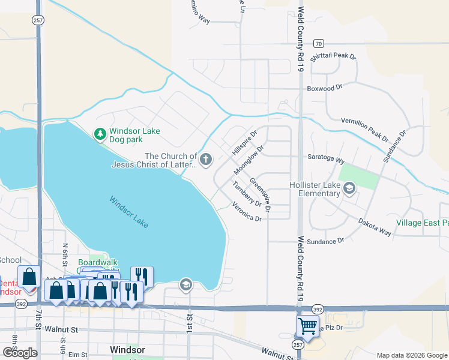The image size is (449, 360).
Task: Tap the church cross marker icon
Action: [x=206, y=160]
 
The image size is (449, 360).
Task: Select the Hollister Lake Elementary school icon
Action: [x=349, y=189]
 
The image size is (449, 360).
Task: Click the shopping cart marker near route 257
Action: [x=307, y=327]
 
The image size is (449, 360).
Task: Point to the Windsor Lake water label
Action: [x=128, y=211]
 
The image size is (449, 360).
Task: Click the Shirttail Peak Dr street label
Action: [x=334, y=56]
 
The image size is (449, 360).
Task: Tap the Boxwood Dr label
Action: [x=324, y=88]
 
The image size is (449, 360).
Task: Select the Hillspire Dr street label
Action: [x=244, y=142]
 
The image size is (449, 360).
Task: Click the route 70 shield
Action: [x=318, y=43]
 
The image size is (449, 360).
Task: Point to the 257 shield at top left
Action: [x=37, y=20]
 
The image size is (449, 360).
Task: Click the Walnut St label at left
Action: [x=65, y=329]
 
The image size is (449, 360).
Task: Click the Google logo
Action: [x=20, y=352]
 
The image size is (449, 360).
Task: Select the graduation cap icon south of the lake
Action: [x=186, y=284]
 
